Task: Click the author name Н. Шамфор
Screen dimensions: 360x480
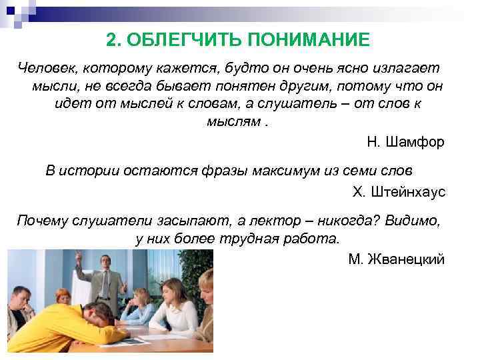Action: [405, 142]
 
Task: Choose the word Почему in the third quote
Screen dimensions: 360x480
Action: [42, 221]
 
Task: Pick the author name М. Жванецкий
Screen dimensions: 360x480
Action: [396, 259]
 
